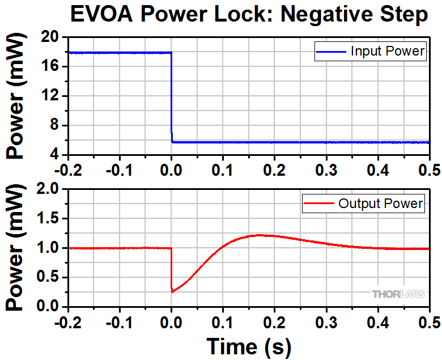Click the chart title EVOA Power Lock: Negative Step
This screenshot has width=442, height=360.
249,15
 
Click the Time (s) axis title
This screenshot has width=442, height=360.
249,345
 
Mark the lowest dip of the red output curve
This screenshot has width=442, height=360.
172,291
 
